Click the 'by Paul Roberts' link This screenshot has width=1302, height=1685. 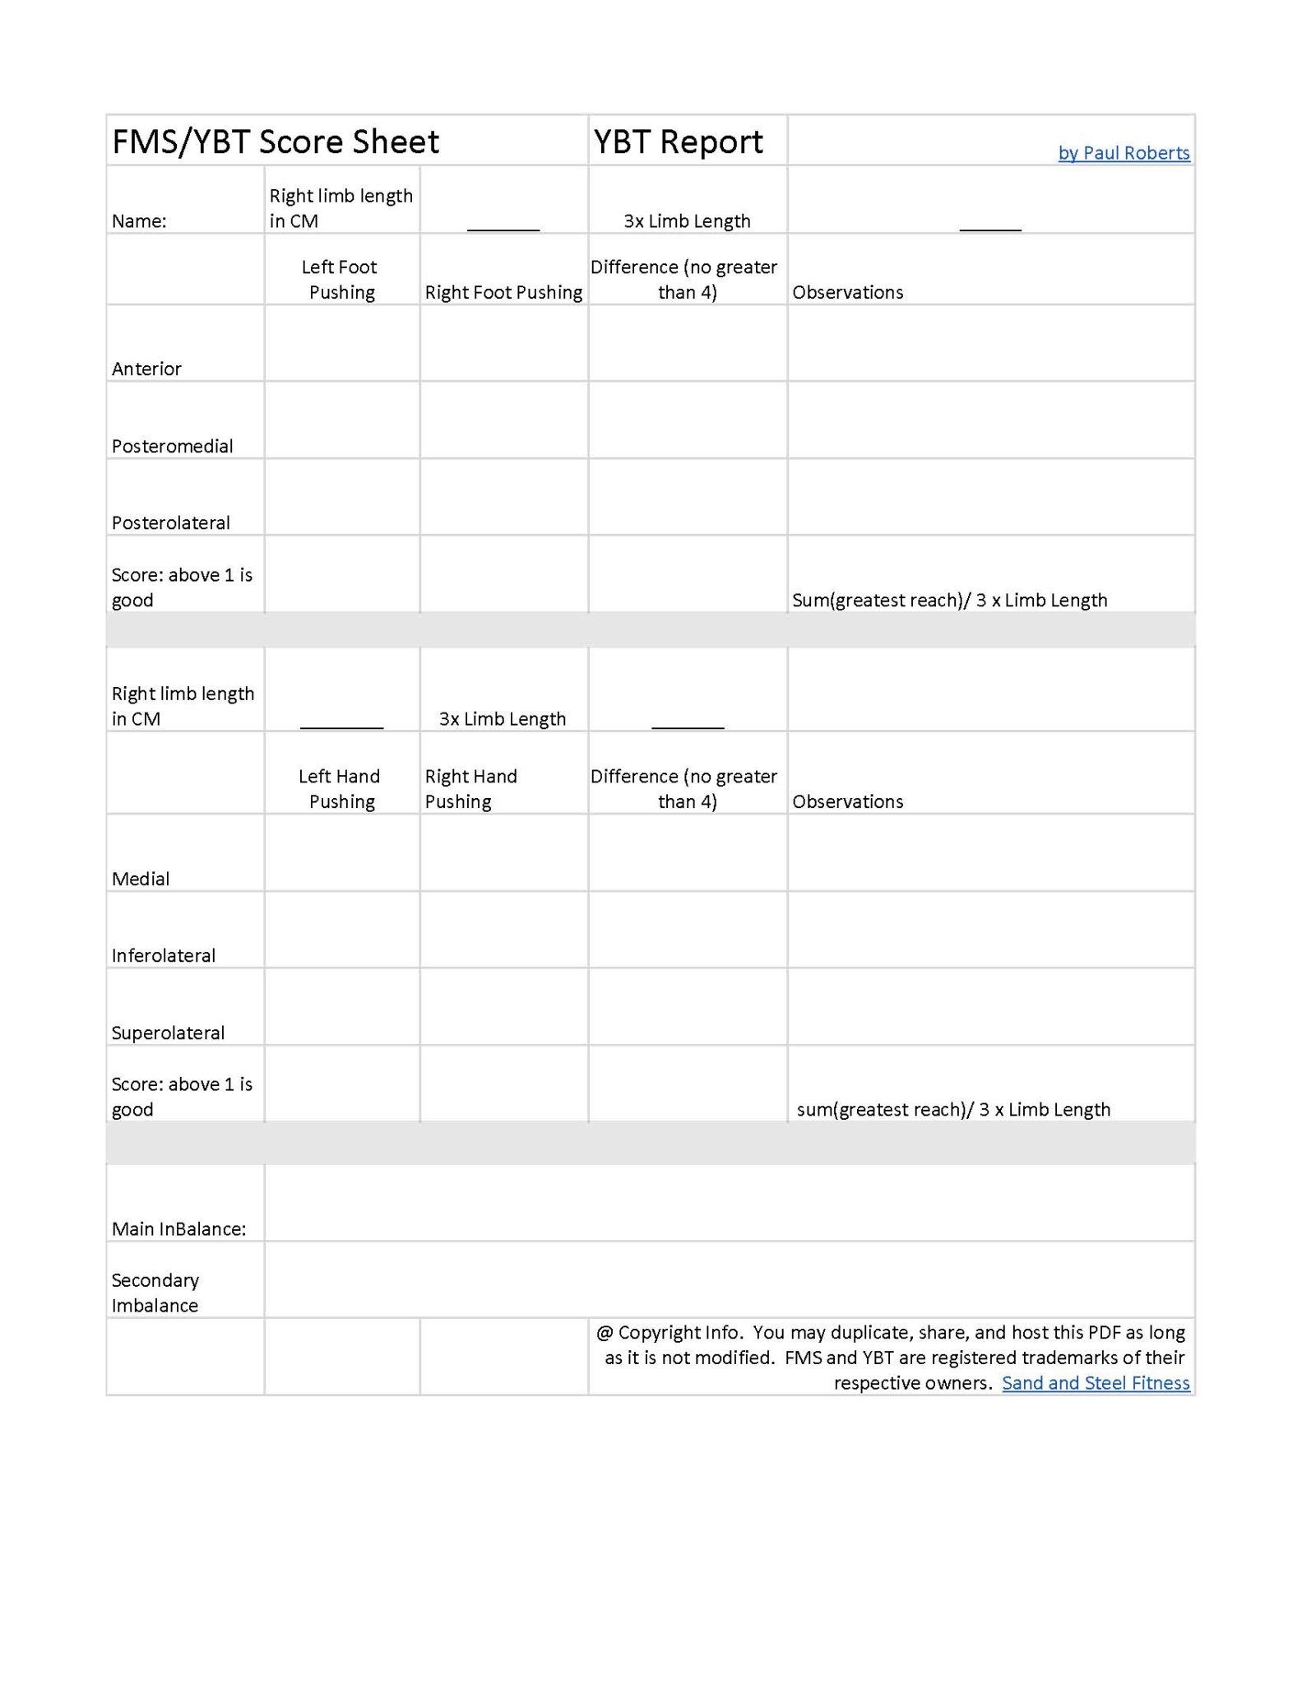(x=1124, y=153)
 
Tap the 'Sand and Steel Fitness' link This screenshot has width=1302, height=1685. (x=1096, y=1382)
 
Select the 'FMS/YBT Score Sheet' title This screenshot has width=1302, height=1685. (x=276, y=142)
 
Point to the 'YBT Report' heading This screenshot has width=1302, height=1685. (x=679, y=142)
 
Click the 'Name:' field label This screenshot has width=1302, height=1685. (x=139, y=221)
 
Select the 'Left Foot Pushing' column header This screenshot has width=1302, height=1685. (x=341, y=280)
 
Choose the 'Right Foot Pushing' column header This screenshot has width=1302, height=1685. (x=503, y=292)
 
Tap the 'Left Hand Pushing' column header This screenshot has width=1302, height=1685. (x=341, y=788)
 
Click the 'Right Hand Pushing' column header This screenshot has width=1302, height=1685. (x=470, y=788)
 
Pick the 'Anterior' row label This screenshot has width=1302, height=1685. (x=146, y=369)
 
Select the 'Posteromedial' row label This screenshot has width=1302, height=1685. (x=173, y=446)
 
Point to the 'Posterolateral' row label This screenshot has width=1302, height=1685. (x=171, y=522)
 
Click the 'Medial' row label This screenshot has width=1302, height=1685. (x=141, y=879)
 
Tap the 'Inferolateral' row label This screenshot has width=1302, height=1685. (x=164, y=955)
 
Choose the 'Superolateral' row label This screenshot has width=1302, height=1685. (x=168, y=1033)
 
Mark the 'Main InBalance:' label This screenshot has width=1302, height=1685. (x=179, y=1228)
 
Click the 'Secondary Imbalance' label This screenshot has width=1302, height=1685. (x=155, y=1292)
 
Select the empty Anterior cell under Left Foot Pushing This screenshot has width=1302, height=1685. (x=341, y=343)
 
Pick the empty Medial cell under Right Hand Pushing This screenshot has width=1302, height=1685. (x=503, y=852)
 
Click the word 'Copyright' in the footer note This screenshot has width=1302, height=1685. (x=659, y=1332)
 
